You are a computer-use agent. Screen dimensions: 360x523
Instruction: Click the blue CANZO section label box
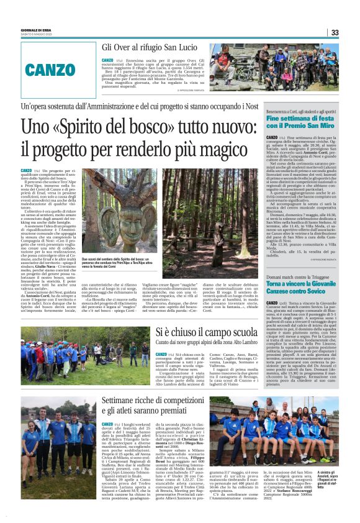coord(50,69)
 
